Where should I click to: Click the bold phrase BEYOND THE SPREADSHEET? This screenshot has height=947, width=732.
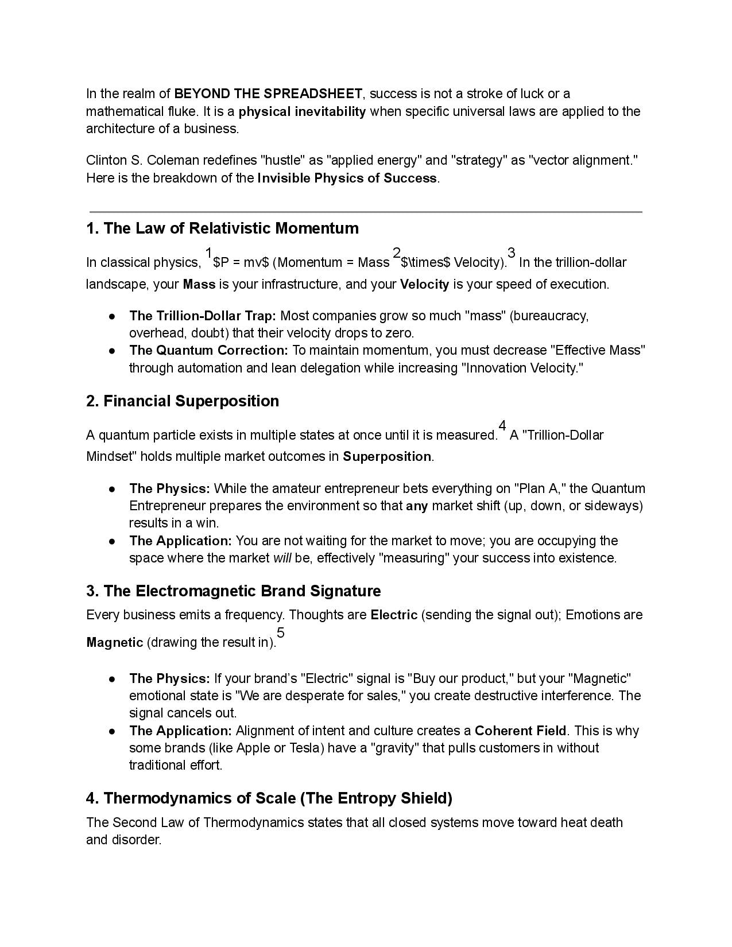click(268, 94)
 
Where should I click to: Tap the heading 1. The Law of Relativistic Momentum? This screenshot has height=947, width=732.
click(222, 228)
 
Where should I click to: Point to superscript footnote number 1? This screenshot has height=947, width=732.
click(209, 253)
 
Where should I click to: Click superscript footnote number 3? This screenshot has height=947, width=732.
click(511, 253)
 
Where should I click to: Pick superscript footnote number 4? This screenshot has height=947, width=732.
click(502, 426)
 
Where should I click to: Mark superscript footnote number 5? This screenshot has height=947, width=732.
click(280, 633)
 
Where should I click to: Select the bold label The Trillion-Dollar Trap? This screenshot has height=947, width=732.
click(203, 316)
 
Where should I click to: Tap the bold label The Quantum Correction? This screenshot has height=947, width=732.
click(208, 350)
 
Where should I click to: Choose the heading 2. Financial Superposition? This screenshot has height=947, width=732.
click(183, 401)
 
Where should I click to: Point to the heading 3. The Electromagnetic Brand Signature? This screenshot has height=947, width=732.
click(233, 591)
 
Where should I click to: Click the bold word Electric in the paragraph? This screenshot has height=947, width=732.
click(394, 615)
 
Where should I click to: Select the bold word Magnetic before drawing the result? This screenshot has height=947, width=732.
click(114, 642)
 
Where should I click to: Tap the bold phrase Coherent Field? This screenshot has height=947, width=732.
click(520, 731)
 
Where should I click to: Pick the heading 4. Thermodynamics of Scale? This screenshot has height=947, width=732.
click(269, 798)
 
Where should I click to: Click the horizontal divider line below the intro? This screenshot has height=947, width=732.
click(366, 212)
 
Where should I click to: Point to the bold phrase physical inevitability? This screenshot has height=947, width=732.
click(302, 111)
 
